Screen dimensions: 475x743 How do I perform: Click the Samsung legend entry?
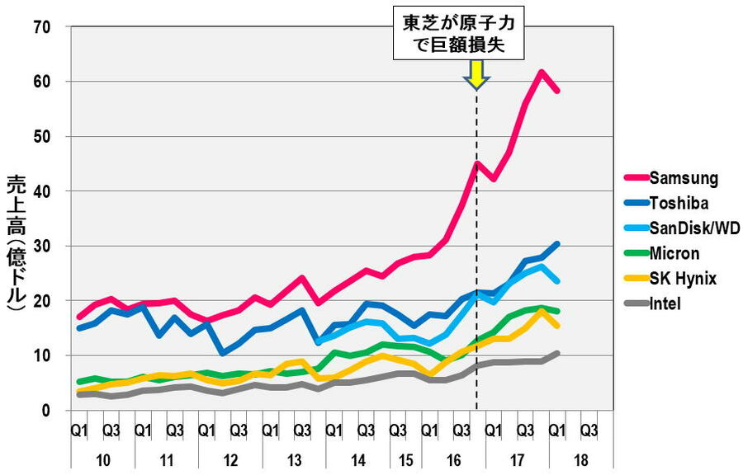coord(683,178)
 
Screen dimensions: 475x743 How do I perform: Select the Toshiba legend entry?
coord(679,203)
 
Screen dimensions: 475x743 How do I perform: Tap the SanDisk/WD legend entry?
coord(693,228)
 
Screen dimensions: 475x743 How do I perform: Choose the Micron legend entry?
coord(675,253)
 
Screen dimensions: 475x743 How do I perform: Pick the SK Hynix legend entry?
coord(683,279)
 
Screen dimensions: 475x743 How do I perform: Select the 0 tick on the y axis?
coord(47,411)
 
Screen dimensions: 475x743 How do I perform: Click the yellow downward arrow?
coord(476,76)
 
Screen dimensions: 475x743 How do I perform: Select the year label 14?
coord(357,459)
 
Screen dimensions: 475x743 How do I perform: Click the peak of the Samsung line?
coord(542,72)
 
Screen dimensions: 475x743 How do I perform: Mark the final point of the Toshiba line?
coord(558,244)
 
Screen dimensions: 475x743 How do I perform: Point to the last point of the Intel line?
coord(558,353)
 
